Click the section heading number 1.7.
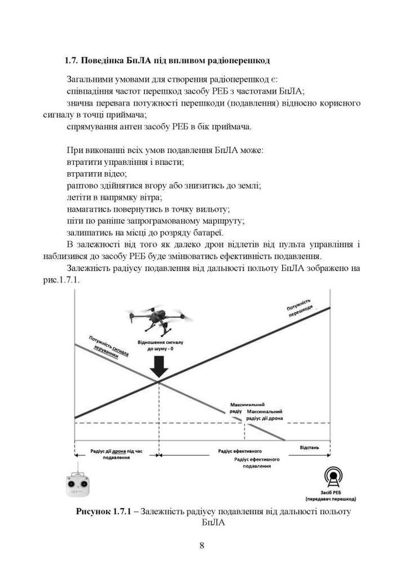[71, 60]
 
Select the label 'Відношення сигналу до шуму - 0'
[158, 346]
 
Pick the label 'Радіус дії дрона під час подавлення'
[115, 453]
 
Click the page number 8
[201, 544]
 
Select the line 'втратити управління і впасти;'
[125, 162]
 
